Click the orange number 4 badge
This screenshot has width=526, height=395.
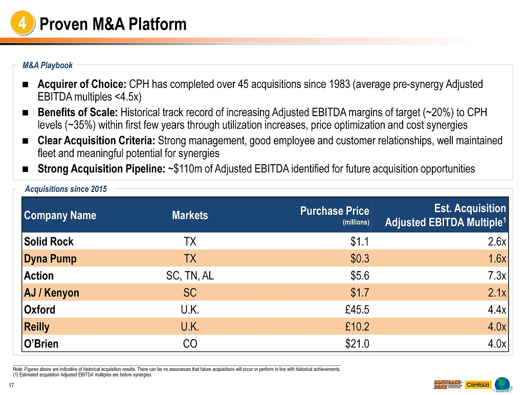[22, 24]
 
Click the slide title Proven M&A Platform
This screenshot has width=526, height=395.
[113, 24]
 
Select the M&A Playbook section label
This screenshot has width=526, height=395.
[48, 65]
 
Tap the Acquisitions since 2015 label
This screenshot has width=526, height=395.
[65, 189]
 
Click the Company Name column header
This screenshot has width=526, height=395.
[60, 215]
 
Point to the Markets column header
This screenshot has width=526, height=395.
[190, 215]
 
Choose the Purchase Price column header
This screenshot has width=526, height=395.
[334, 211]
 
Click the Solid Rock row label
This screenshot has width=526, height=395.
[49, 242]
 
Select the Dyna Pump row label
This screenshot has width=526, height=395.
[50, 259]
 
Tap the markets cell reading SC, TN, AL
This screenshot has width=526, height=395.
[190, 276]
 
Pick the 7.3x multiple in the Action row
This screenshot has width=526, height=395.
[496, 276]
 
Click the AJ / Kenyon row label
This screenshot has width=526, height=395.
[52, 293]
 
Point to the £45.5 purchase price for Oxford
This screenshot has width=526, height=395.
[357, 310]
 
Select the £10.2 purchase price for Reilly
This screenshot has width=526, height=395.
[357, 327]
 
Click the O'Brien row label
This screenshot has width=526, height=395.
[41, 344]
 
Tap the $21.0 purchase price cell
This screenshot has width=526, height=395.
[357, 344]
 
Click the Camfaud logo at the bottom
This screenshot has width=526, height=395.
[477, 385]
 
